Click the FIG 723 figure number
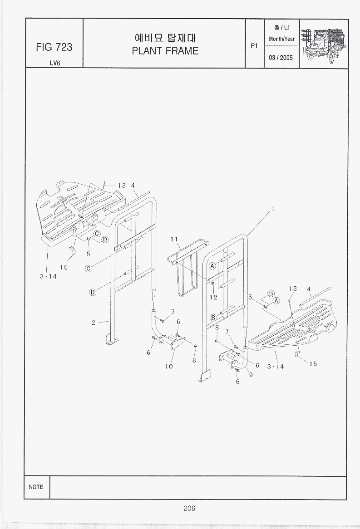click(54, 47)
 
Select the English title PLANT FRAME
click(165, 51)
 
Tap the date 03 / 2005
click(281, 58)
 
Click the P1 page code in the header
click(254, 46)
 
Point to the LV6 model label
click(55, 63)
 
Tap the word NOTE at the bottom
click(36, 487)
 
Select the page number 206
click(189, 508)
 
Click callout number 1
click(273, 209)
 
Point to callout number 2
click(94, 323)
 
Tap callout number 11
click(174, 239)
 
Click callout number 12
click(213, 297)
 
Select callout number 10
click(169, 367)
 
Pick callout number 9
click(251, 374)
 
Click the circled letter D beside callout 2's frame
click(93, 292)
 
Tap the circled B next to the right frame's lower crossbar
click(213, 318)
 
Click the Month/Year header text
click(281, 39)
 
